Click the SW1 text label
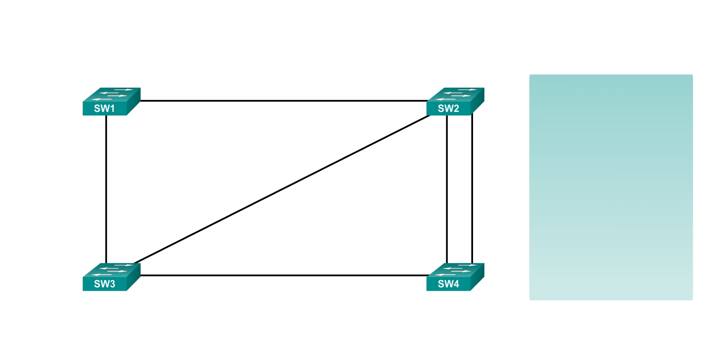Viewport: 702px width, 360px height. point(105,108)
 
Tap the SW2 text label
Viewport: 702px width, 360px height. point(448,108)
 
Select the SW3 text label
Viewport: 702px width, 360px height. point(105,284)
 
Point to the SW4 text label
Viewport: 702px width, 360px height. point(448,284)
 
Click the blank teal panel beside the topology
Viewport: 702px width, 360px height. point(611,187)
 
